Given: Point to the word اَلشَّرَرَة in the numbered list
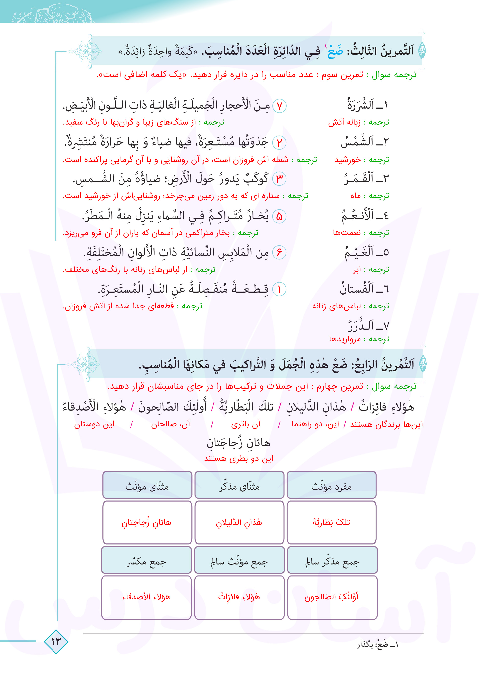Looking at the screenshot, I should pyautogui.click(x=360, y=105).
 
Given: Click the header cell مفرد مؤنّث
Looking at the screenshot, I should pyautogui.click(x=331, y=486).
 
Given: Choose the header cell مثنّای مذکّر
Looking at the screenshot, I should pyautogui.click(x=239, y=486).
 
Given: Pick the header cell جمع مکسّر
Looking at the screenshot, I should pyautogui.click(x=147, y=562).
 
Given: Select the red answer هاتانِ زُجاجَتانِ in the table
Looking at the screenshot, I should pyautogui.click(x=147, y=523).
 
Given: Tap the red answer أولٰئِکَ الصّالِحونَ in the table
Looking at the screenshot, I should pyautogui.click(x=331, y=597).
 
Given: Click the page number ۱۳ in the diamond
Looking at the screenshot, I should pyautogui.click(x=56, y=641).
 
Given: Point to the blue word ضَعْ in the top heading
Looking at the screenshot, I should pyautogui.click(x=334, y=51).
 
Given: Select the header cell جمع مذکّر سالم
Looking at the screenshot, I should pyautogui.click(x=332, y=562).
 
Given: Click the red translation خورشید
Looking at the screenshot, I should pyautogui.click(x=348, y=160).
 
